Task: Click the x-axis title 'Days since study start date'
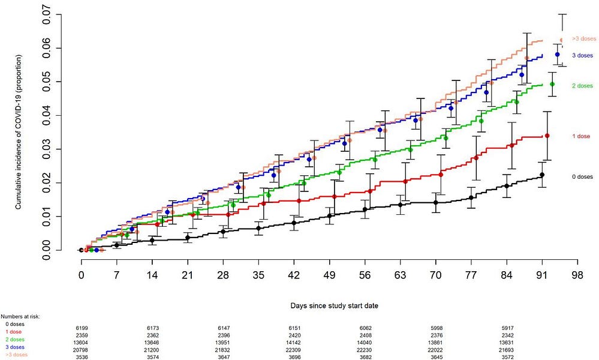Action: (329, 305)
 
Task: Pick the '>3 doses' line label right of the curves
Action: (584, 38)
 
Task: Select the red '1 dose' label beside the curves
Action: (580, 136)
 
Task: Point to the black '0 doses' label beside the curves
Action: (582, 177)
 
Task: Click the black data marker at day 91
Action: (542, 175)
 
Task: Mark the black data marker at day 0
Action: (81, 250)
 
